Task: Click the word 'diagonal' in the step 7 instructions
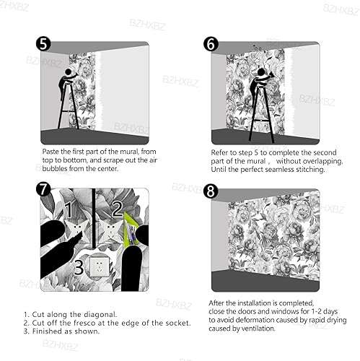tap(100, 315)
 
